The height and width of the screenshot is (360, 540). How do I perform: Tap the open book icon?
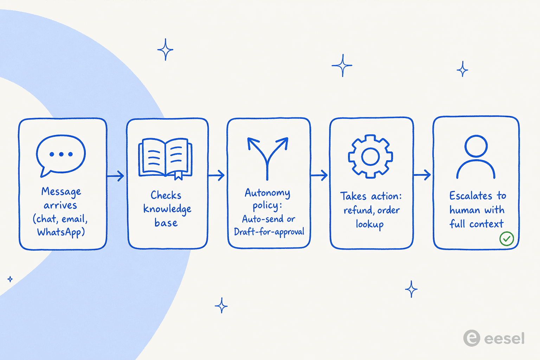(x=165, y=159)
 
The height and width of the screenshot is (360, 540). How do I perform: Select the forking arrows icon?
(x=267, y=158)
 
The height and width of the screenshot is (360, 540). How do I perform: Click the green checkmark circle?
(x=507, y=239)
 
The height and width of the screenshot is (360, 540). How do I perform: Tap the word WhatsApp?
(x=61, y=232)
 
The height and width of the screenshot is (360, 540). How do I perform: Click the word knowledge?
(x=167, y=209)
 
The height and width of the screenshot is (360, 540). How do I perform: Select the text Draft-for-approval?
(x=269, y=232)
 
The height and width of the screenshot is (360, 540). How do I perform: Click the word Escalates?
(x=471, y=195)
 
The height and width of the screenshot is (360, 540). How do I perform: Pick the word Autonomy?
(x=268, y=193)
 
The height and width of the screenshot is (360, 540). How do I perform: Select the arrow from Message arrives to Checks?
(x=115, y=176)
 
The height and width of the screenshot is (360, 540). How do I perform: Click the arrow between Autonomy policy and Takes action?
(x=319, y=175)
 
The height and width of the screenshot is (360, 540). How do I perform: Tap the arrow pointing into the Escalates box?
(x=422, y=175)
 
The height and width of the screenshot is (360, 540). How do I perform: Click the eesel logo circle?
(x=471, y=338)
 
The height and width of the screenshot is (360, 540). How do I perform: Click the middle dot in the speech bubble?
(x=61, y=154)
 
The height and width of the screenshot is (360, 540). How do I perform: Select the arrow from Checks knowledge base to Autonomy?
(x=216, y=175)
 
